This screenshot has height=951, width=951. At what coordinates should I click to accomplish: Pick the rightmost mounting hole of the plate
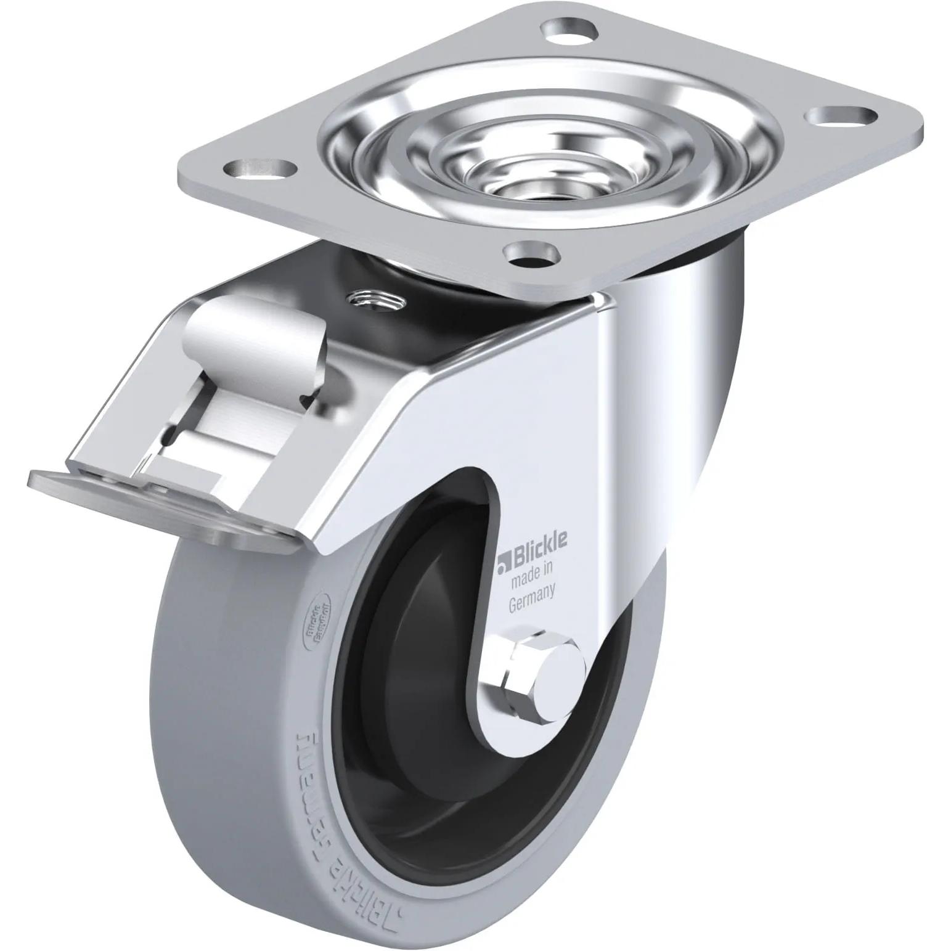833,116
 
